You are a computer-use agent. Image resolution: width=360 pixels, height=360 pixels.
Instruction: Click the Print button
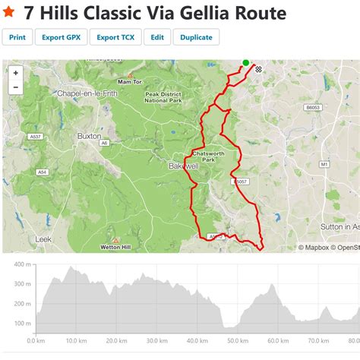point(17,37)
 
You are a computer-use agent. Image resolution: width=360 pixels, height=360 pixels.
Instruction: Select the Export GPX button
point(60,37)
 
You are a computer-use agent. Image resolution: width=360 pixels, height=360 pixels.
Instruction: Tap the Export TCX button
point(115,37)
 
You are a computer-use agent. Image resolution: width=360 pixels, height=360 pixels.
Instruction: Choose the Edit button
point(156,37)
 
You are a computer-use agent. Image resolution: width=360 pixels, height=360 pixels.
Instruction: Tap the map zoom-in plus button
point(16,73)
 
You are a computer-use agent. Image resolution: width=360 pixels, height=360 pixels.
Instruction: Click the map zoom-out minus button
point(16,87)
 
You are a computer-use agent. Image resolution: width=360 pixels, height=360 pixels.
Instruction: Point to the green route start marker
point(245,63)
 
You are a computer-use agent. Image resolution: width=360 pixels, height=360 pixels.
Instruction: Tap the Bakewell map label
point(183,165)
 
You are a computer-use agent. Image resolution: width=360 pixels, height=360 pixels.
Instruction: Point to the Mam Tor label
point(130,81)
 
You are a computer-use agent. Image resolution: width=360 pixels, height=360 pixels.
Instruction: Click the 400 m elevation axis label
point(22,265)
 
